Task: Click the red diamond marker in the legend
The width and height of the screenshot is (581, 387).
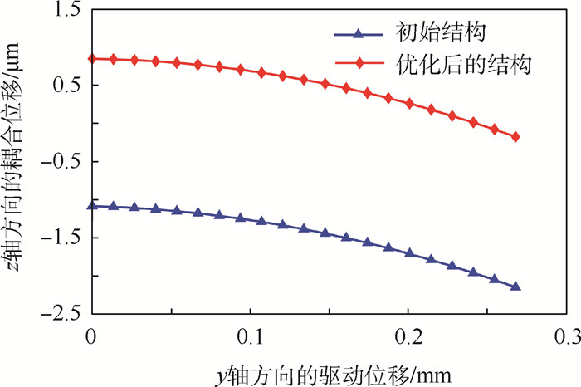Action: tap(358, 62)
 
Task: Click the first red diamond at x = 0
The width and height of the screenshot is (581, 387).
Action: tap(92, 59)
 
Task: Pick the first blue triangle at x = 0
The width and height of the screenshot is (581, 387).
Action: tap(92, 205)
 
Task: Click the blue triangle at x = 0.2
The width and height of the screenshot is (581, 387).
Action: tap(409, 252)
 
